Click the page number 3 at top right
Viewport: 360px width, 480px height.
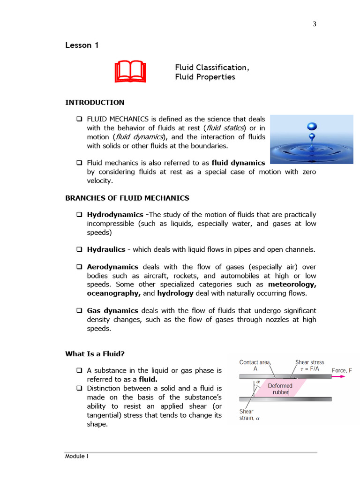pos(315,25)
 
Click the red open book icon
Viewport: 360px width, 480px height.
pos(130,72)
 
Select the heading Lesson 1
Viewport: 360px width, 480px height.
pos(82,45)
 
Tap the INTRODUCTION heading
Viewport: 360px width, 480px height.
pos(95,103)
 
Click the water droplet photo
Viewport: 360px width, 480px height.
pos(311,139)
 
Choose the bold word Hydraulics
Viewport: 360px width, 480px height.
pos(106,249)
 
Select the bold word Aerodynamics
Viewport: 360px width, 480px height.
pos(112,267)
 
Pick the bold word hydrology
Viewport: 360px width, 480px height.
pos(175,293)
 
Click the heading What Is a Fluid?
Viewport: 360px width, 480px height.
pos(97,354)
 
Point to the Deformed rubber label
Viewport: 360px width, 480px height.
pos(280,389)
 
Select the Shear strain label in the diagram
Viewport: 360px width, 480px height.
pos(247,415)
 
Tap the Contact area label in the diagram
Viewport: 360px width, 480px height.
pos(255,365)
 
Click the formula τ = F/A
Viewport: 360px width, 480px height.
pos(309,369)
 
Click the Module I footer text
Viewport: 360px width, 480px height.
pos(76,457)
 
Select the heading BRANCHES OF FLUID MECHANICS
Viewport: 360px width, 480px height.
pos(127,198)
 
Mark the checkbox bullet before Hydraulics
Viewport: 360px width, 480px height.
pos(79,250)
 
